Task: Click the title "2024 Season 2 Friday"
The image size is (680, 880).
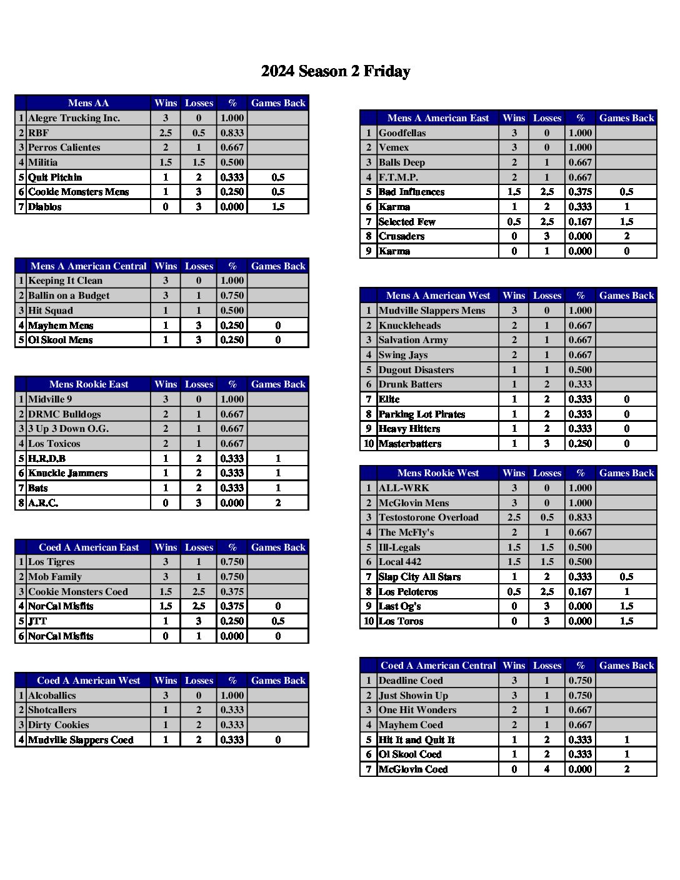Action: point(336,71)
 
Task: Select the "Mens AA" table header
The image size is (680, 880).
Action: point(88,103)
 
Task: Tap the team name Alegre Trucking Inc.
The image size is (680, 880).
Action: point(74,118)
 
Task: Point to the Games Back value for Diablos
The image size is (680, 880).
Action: point(278,207)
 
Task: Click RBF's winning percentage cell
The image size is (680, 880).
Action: point(232,133)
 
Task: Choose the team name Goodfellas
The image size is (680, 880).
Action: point(402,133)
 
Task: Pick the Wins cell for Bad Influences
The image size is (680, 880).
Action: point(514,192)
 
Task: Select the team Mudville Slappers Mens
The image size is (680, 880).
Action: point(432,311)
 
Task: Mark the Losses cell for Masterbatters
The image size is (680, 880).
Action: point(547,444)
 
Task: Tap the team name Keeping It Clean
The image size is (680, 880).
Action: point(65,281)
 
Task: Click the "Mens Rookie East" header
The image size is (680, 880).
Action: point(88,384)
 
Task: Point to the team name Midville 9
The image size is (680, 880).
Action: point(50,399)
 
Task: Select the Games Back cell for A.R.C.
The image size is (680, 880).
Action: point(278,503)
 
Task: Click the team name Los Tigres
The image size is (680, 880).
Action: point(51,562)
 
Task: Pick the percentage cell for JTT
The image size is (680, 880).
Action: point(232,621)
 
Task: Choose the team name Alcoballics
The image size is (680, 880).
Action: point(52,696)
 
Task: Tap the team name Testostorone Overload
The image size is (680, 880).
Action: point(429,517)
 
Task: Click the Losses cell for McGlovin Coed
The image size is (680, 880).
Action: point(547,769)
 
